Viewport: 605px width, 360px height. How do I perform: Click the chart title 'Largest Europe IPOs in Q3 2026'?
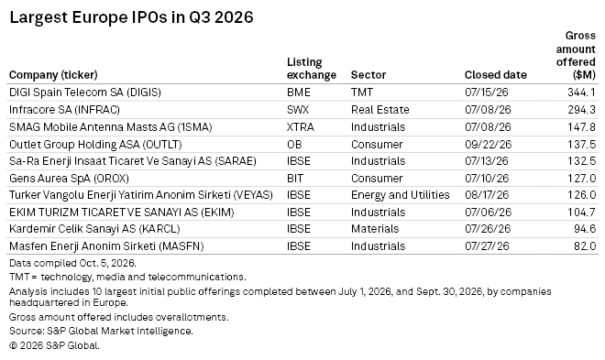click(x=131, y=17)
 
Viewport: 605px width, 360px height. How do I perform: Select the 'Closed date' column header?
click(x=495, y=75)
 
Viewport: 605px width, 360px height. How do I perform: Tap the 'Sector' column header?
click(x=368, y=75)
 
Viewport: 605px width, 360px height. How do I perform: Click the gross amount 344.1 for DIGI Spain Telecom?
click(x=581, y=93)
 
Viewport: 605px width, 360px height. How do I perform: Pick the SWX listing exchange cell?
click(x=298, y=110)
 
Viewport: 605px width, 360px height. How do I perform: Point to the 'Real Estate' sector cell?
click(x=380, y=110)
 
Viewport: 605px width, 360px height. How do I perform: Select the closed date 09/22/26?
click(x=488, y=145)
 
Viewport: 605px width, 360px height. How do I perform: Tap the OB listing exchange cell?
click(x=294, y=145)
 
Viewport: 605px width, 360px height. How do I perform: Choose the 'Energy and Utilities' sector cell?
click(x=400, y=195)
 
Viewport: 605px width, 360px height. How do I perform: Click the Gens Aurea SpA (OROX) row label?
click(x=69, y=179)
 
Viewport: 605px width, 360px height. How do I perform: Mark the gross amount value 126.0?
click(x=581, y=195)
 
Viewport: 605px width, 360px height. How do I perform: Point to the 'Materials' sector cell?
click(x=375, y=229)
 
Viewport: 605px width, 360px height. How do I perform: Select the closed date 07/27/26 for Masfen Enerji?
click(x=487, y=246)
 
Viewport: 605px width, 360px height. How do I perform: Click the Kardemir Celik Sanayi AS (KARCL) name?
click(x=94, y=229)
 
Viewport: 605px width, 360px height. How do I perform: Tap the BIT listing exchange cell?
click(x=295, y=179)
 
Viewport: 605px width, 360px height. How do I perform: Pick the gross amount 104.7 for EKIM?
click(x=581, y=213)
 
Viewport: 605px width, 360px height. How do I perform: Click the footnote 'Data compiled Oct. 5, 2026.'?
click(x=73, y=263)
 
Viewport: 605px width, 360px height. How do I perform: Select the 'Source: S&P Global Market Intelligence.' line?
click(x=101, y=331)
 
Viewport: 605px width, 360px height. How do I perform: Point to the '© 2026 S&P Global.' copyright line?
click(x=54, y=345)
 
